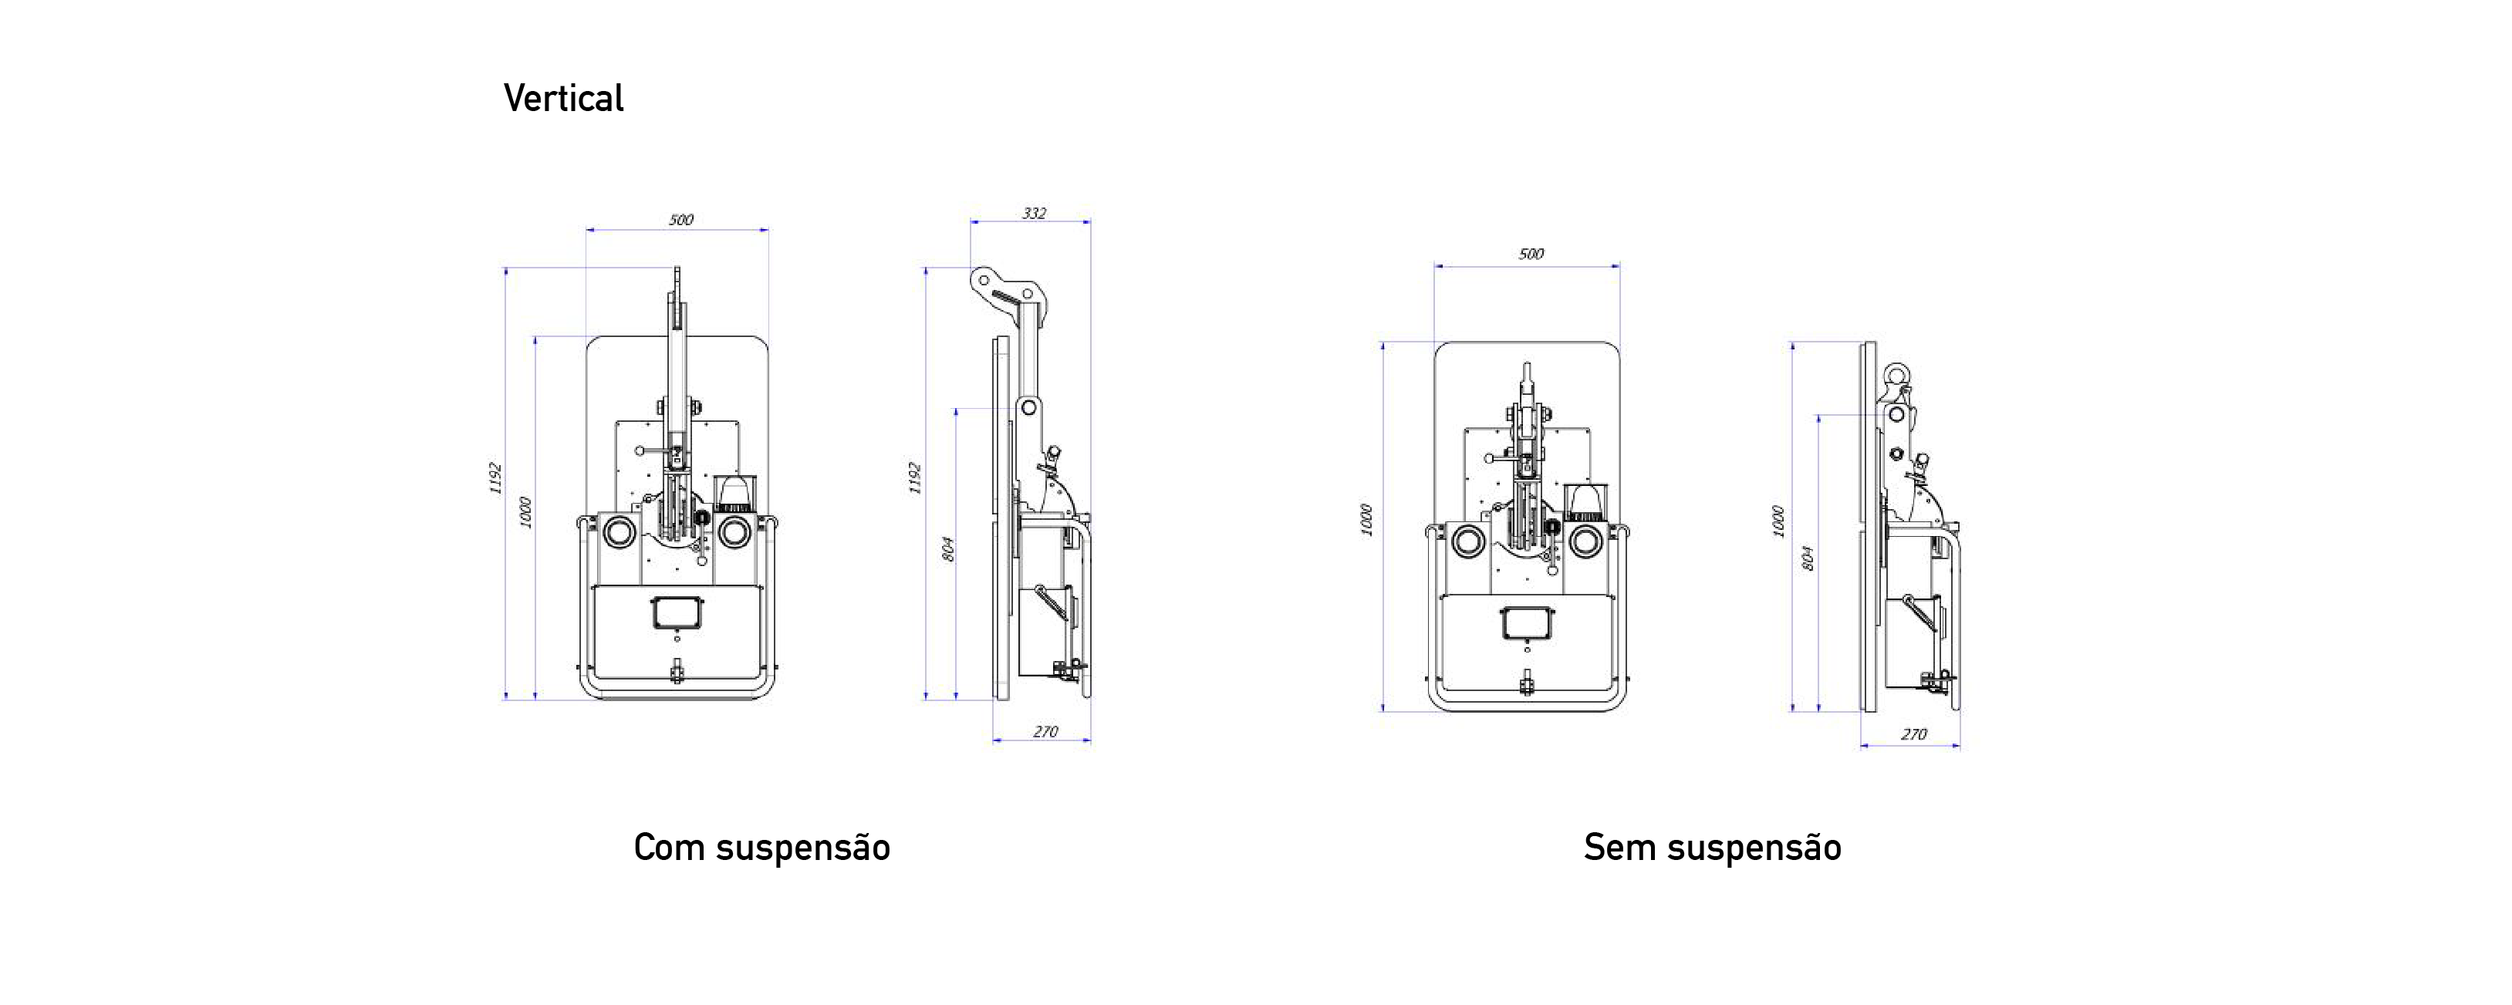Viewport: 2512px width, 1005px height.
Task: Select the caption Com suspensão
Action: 761,847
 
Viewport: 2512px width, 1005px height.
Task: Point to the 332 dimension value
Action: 1034,213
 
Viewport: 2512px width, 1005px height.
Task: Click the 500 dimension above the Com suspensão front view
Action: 680,219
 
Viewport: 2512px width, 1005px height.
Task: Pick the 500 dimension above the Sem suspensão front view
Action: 1531,254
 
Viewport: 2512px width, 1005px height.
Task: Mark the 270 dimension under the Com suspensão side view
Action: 1045,731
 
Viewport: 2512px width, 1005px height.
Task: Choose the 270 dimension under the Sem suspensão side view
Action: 1913,734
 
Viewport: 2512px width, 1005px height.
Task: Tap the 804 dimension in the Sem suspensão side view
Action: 1807,558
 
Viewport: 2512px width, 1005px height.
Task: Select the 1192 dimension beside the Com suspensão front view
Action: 495,477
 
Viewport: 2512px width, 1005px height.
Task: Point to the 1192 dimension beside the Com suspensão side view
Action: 915,477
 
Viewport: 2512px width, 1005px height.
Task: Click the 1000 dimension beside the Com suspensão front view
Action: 525,513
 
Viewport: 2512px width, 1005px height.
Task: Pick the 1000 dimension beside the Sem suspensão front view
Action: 1366,520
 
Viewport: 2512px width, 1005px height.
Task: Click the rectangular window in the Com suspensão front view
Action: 677,613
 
